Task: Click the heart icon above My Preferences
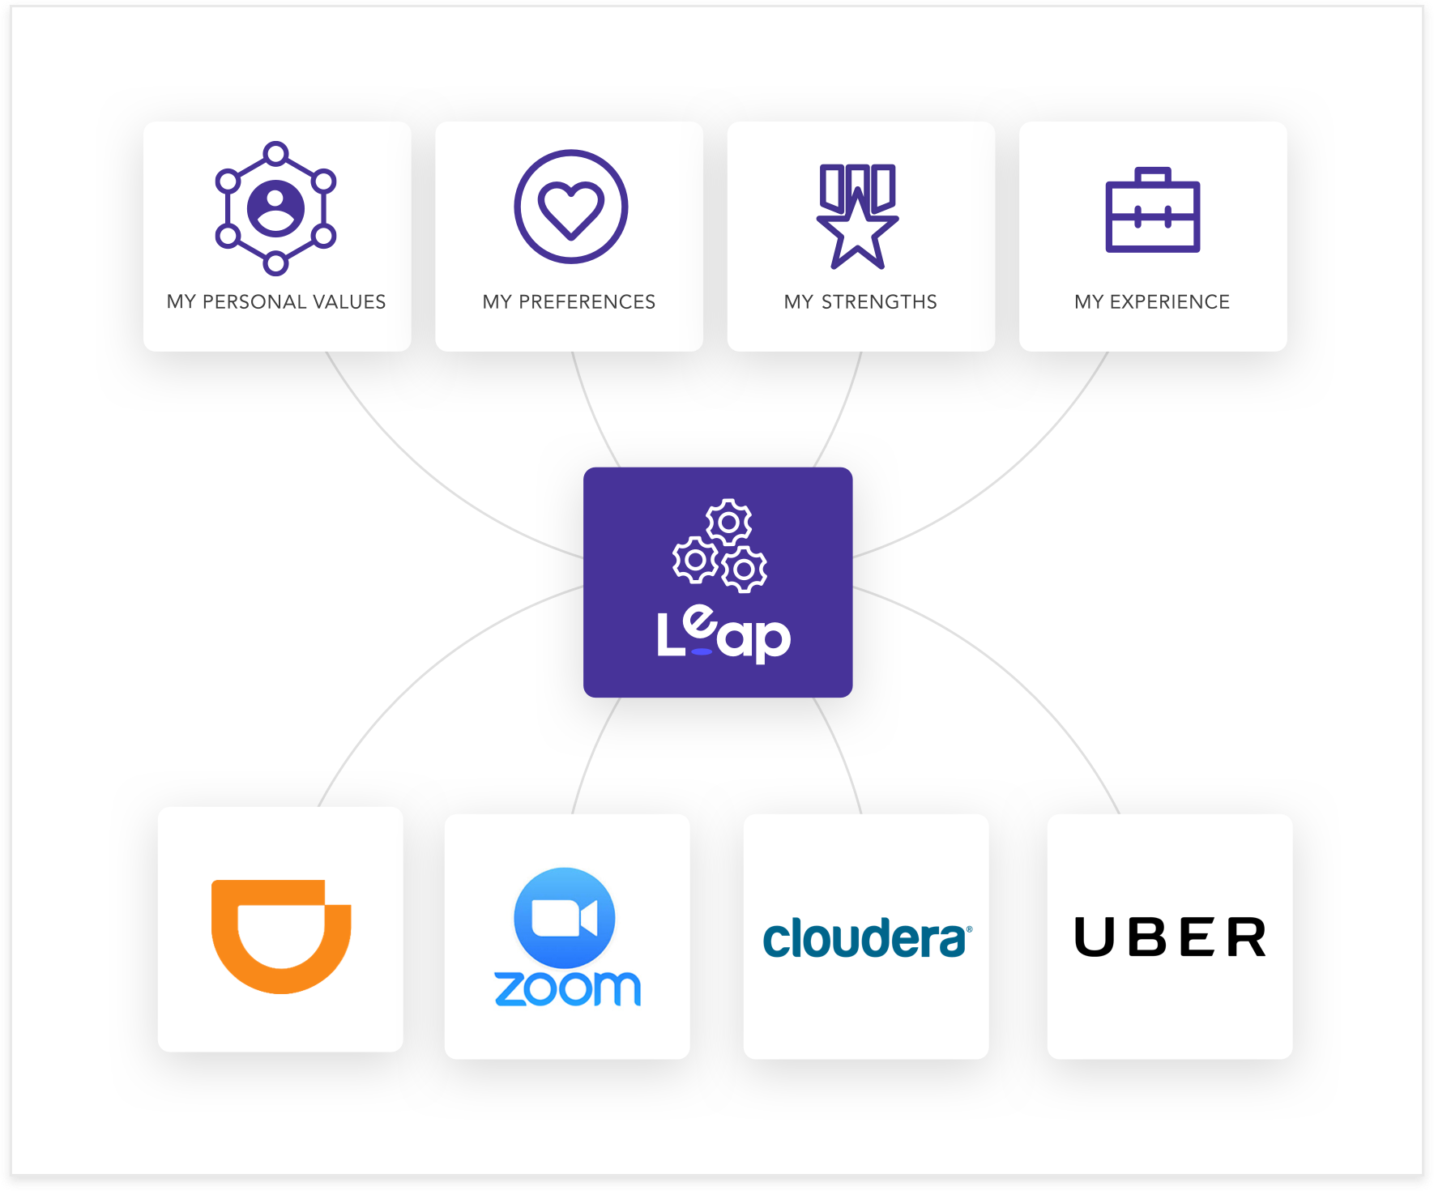coord(570,207)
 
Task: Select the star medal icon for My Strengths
coord(858,216)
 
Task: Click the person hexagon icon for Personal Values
coord(276,207)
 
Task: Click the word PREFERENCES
coord(587,302)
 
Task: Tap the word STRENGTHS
coord(879,302)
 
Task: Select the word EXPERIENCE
coord(1169,302)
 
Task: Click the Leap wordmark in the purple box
coord(723,635)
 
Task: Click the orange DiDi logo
coord(280,935)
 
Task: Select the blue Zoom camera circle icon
coord(565,918)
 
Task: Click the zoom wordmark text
coord(567,988)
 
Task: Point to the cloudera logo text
coord(866,939)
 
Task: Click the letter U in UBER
coord(1094,937)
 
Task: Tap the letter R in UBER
coord(1246,937)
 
